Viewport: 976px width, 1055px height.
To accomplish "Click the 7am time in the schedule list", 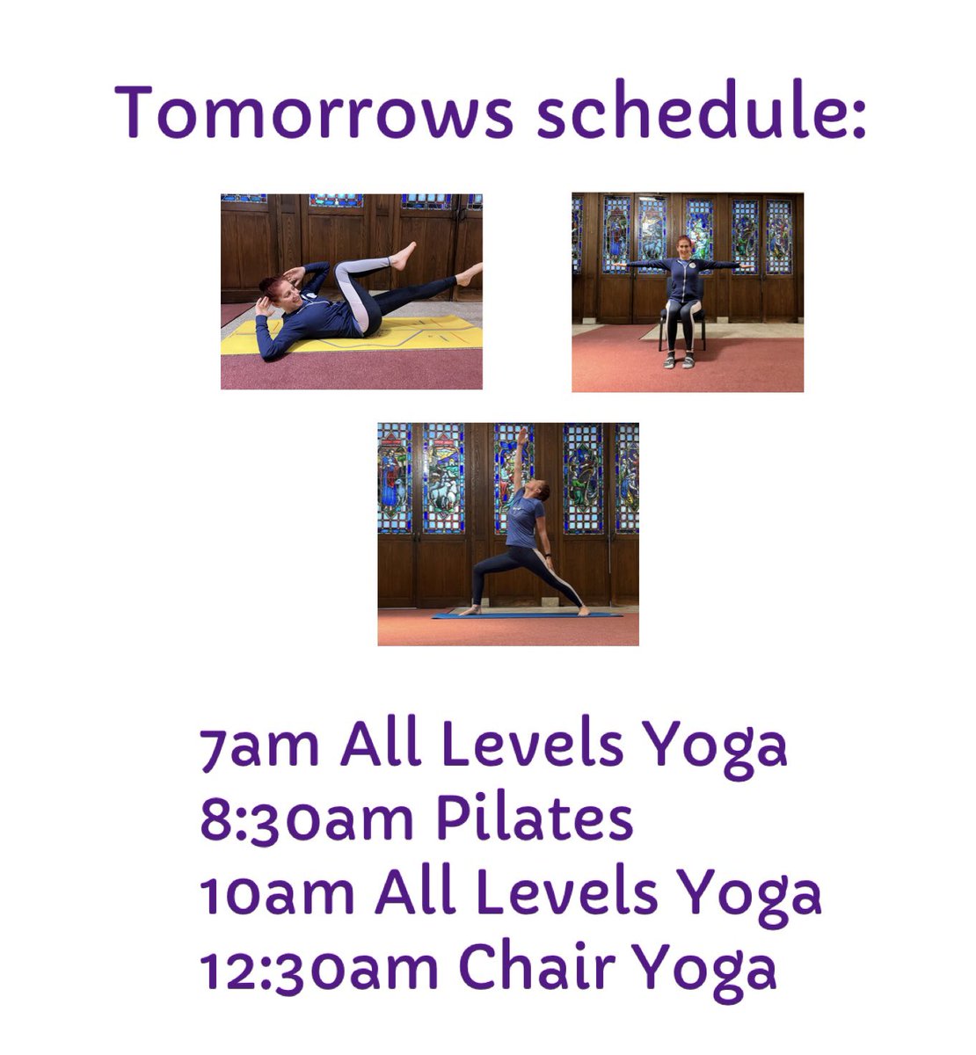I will pos(259,747).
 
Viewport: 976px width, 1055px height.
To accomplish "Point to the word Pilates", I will pos(534,819).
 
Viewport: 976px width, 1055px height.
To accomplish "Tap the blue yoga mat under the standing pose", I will pos(528,615).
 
